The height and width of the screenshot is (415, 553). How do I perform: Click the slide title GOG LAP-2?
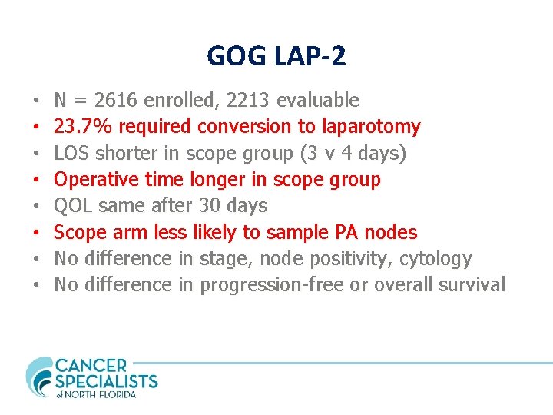[x=276, y=55]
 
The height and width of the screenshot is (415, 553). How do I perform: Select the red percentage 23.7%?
[x=84, y=126]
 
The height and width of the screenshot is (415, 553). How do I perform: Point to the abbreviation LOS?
[x=72, y=153]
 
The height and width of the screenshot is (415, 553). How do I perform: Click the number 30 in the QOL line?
[x=209, y=205]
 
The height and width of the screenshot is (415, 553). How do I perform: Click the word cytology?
[x=435, y=258]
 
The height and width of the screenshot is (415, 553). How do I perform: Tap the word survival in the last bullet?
[x=472, y=284]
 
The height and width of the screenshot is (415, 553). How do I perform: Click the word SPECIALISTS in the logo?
[x=106, y=381]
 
